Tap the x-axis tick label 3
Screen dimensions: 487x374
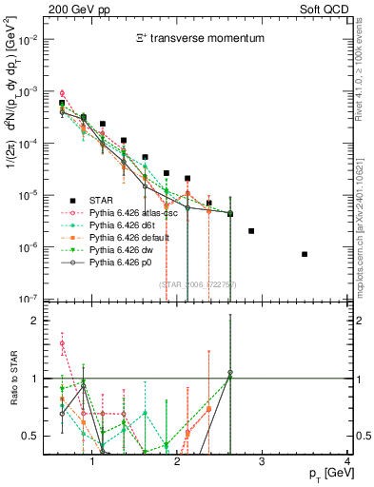point(262,463)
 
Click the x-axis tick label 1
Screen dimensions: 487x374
point(92,463)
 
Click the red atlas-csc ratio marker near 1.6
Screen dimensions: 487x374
point(62,343)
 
